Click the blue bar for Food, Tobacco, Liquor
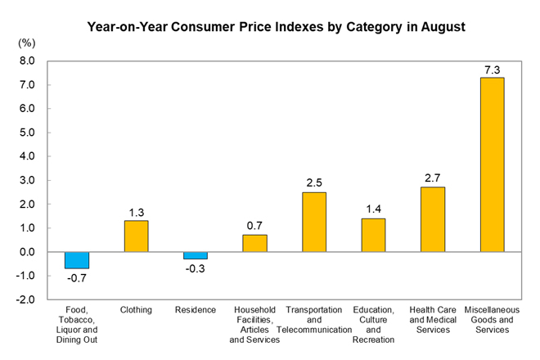[77, 260]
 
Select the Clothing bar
[137, 236]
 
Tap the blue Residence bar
[196, 255]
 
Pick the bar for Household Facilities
[254, 243]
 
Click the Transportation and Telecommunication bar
[314, 222]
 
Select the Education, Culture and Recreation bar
[373, 235]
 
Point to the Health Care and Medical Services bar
[433, 219]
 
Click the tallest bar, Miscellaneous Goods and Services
[492, 164]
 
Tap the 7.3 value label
[492, 70]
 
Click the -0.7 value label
[76, 278]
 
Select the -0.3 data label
[195, 268]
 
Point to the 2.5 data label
[314, 182]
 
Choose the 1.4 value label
[373, 209]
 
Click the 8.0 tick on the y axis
[27, 61]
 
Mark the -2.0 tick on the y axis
[25, 299]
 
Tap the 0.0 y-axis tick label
[27, 252]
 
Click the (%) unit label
[26, 43]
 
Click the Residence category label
[196, 310]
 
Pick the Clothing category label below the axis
[136, 310]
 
